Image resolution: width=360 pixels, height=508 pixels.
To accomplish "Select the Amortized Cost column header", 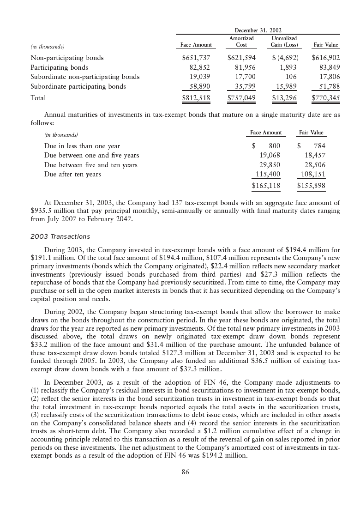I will (x=241, y=42).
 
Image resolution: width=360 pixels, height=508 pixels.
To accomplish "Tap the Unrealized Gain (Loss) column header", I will (x=284, y=42).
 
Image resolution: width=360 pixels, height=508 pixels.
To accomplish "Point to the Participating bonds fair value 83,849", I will (x=325, y=67).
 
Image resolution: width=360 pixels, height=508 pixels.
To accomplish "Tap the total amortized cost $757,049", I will (x=241, y=98).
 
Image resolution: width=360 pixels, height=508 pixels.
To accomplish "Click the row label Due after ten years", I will (x=72, y=174).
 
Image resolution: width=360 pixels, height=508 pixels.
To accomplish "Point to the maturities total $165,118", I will (x=266, y=186).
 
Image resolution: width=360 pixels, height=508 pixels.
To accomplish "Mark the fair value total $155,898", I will (x=311, y=186).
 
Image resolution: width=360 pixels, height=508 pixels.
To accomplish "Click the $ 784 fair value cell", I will (x=312, y=146).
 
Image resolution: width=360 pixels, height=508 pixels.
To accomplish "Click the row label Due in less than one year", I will (x=82, y=146).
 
